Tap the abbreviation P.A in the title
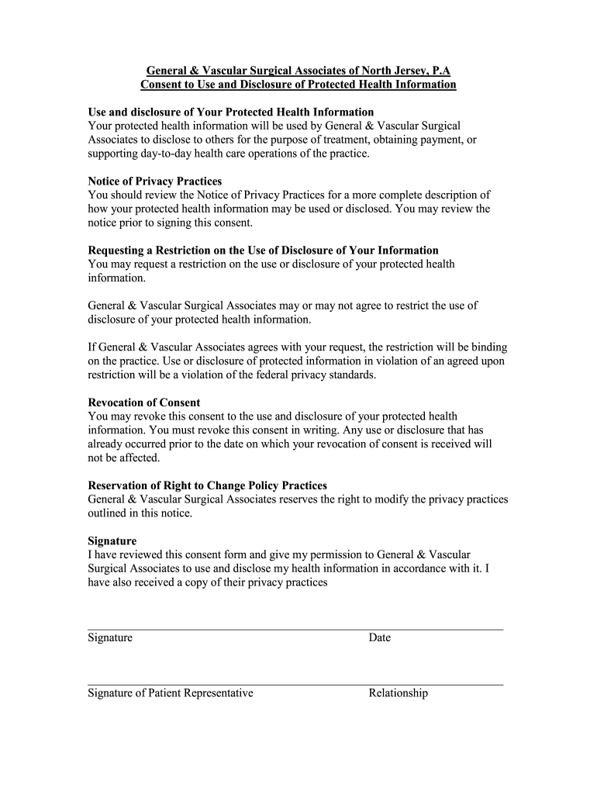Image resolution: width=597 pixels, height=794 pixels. pyautogui.click(x=440, y=70)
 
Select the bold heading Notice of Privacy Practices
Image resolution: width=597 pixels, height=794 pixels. pyautogui.click(x=155, y=181)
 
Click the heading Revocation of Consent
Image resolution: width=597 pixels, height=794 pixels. pyautogui.click(x=144, y=402)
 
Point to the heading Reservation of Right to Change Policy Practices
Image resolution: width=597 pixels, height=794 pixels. pyautogui.click(x=208, y=485)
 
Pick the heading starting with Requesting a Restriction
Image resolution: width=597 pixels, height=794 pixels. pyautogui.click(x=263, y=250)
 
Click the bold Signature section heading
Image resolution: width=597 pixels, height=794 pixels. pyautogui.click(x=112, y=540)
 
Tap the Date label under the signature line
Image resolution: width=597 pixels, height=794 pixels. pyautogui.click(x=380, y=638)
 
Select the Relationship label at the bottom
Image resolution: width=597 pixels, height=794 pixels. pyautogui.click(x=399, y=693)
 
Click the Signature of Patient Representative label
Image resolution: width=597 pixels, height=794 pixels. pyautogui.click(x=171, y=693)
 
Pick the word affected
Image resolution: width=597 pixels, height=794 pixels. pyautogui.click(x=133, y=458)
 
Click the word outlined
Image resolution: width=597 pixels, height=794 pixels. pyautogui.click(x=109, y=513)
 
